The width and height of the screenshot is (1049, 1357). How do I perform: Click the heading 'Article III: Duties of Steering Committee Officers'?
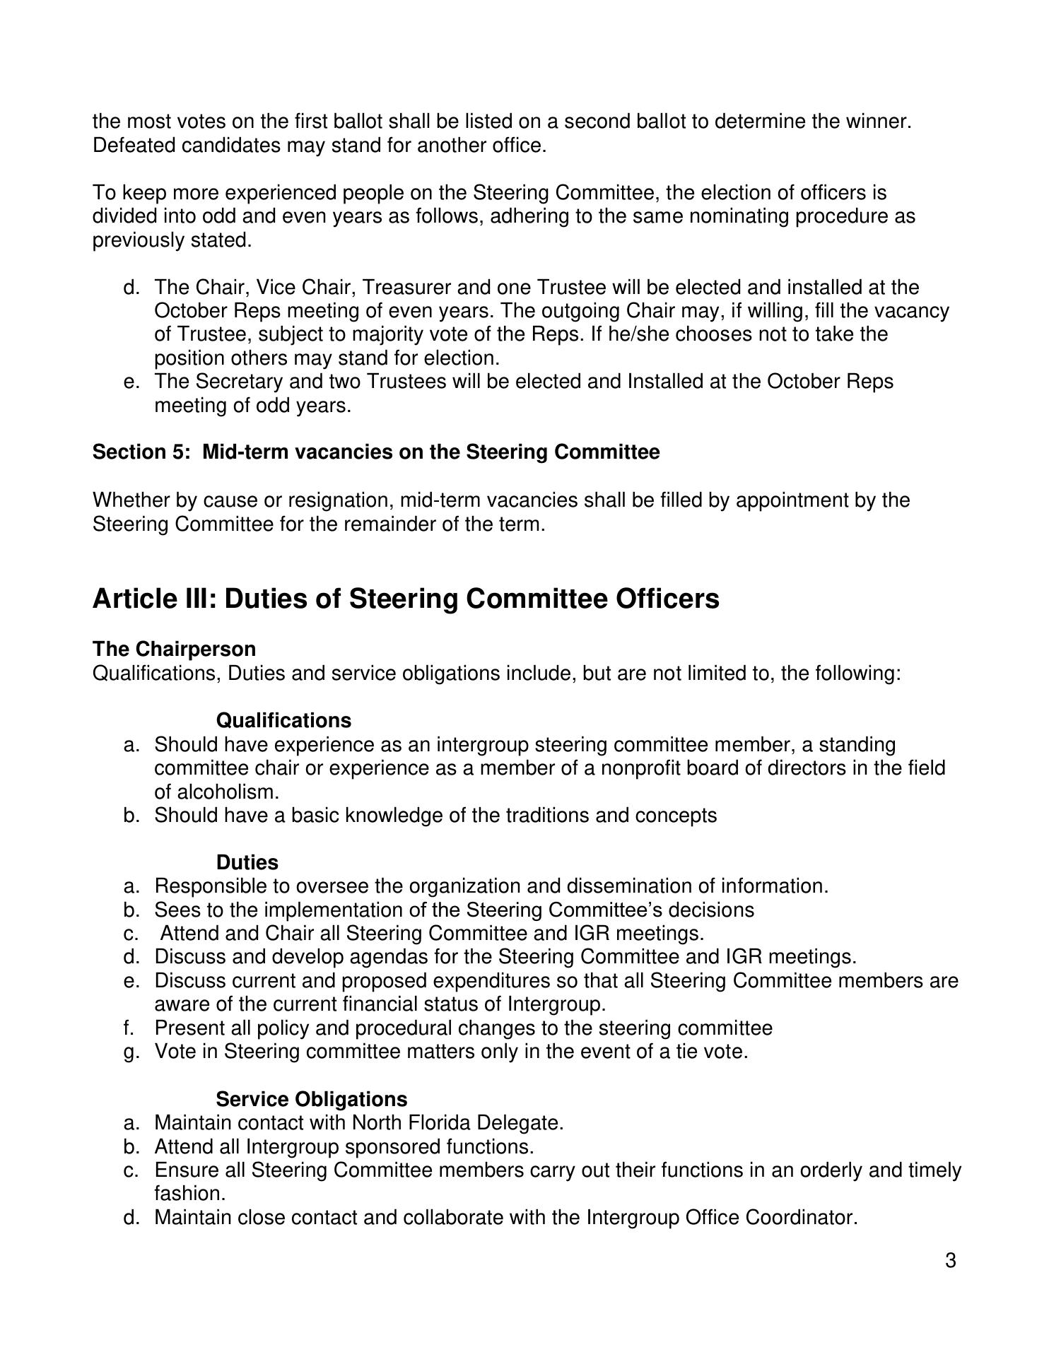coord(406,599)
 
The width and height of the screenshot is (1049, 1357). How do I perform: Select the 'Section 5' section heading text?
coord(375,452)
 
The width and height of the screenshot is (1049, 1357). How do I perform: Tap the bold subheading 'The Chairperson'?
coord(174,649)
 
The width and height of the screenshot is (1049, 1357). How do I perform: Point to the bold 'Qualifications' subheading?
coord(283,720)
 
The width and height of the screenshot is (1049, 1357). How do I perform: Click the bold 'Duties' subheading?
coord(247,862)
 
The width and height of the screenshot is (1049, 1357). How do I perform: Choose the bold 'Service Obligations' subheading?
coord(311,1099)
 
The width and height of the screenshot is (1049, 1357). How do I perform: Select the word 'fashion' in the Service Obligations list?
coord(187,1194)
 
